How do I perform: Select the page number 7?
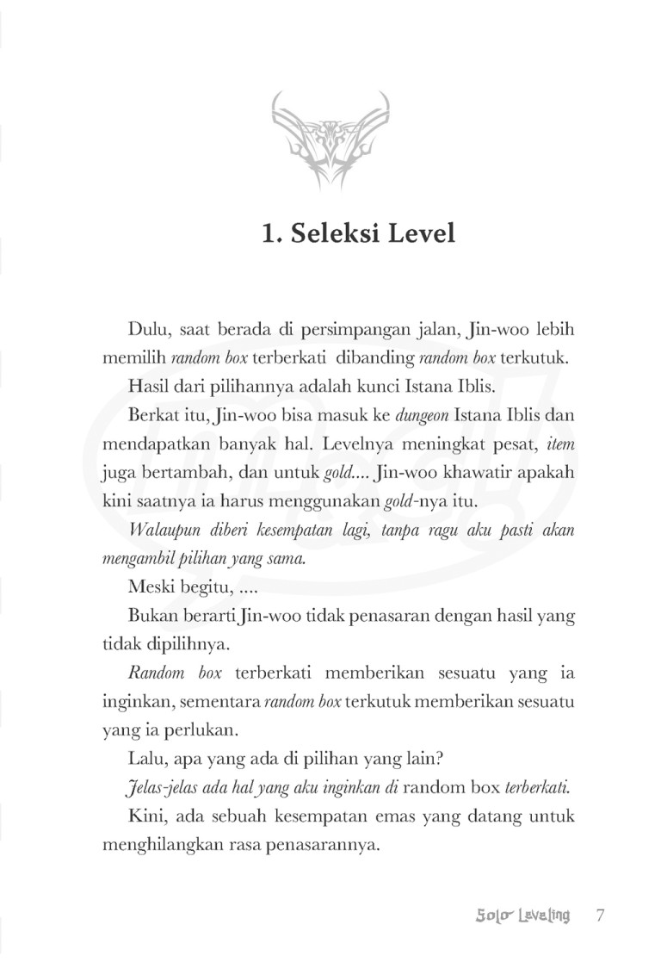pyautogui.click(x=601, y=915)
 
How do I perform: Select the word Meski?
pyautogui.click(x=148, y=588)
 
